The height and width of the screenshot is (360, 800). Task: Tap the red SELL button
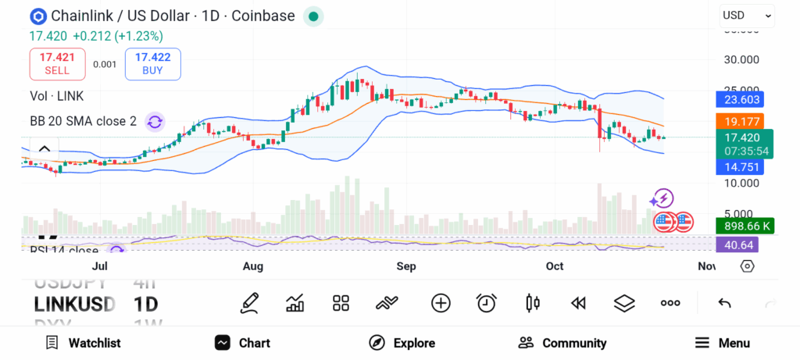coord(57,63)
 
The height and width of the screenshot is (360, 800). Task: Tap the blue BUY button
coord(152,63)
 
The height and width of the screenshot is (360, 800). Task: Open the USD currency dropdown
coord(746,15)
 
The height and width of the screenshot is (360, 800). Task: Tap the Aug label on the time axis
coord(253,266)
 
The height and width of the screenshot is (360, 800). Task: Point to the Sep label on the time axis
coord(405,266)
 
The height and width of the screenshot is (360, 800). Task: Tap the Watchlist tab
coord(83,343)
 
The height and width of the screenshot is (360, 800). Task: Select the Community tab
coord(562,343)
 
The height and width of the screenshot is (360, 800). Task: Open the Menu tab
coord(722,343)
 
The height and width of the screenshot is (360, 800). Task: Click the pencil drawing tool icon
coord(249,303)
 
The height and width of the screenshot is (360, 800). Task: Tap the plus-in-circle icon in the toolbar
coord(441,303)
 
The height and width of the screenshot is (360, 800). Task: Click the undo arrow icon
coord(724,303)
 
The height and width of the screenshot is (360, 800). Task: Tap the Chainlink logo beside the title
coord(37,16)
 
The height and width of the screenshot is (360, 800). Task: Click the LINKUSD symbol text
coord(75,304)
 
